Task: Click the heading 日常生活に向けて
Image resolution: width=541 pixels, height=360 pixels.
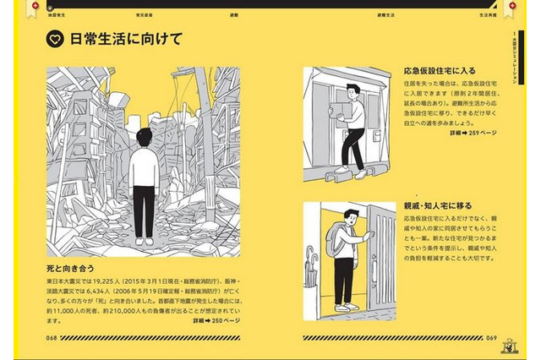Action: (126, 40)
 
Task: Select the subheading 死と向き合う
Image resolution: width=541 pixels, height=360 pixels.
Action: (71, 265)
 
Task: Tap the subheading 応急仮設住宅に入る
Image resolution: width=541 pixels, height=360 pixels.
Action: (439, 70)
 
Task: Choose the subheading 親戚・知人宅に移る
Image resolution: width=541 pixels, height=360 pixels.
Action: (438, 205)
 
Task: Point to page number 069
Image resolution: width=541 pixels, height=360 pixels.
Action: (491, 337)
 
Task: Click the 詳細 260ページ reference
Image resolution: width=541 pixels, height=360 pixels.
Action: (216, 321)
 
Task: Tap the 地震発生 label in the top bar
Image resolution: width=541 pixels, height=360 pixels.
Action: (57, 15)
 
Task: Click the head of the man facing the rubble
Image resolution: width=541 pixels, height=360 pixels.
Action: (145, 136)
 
